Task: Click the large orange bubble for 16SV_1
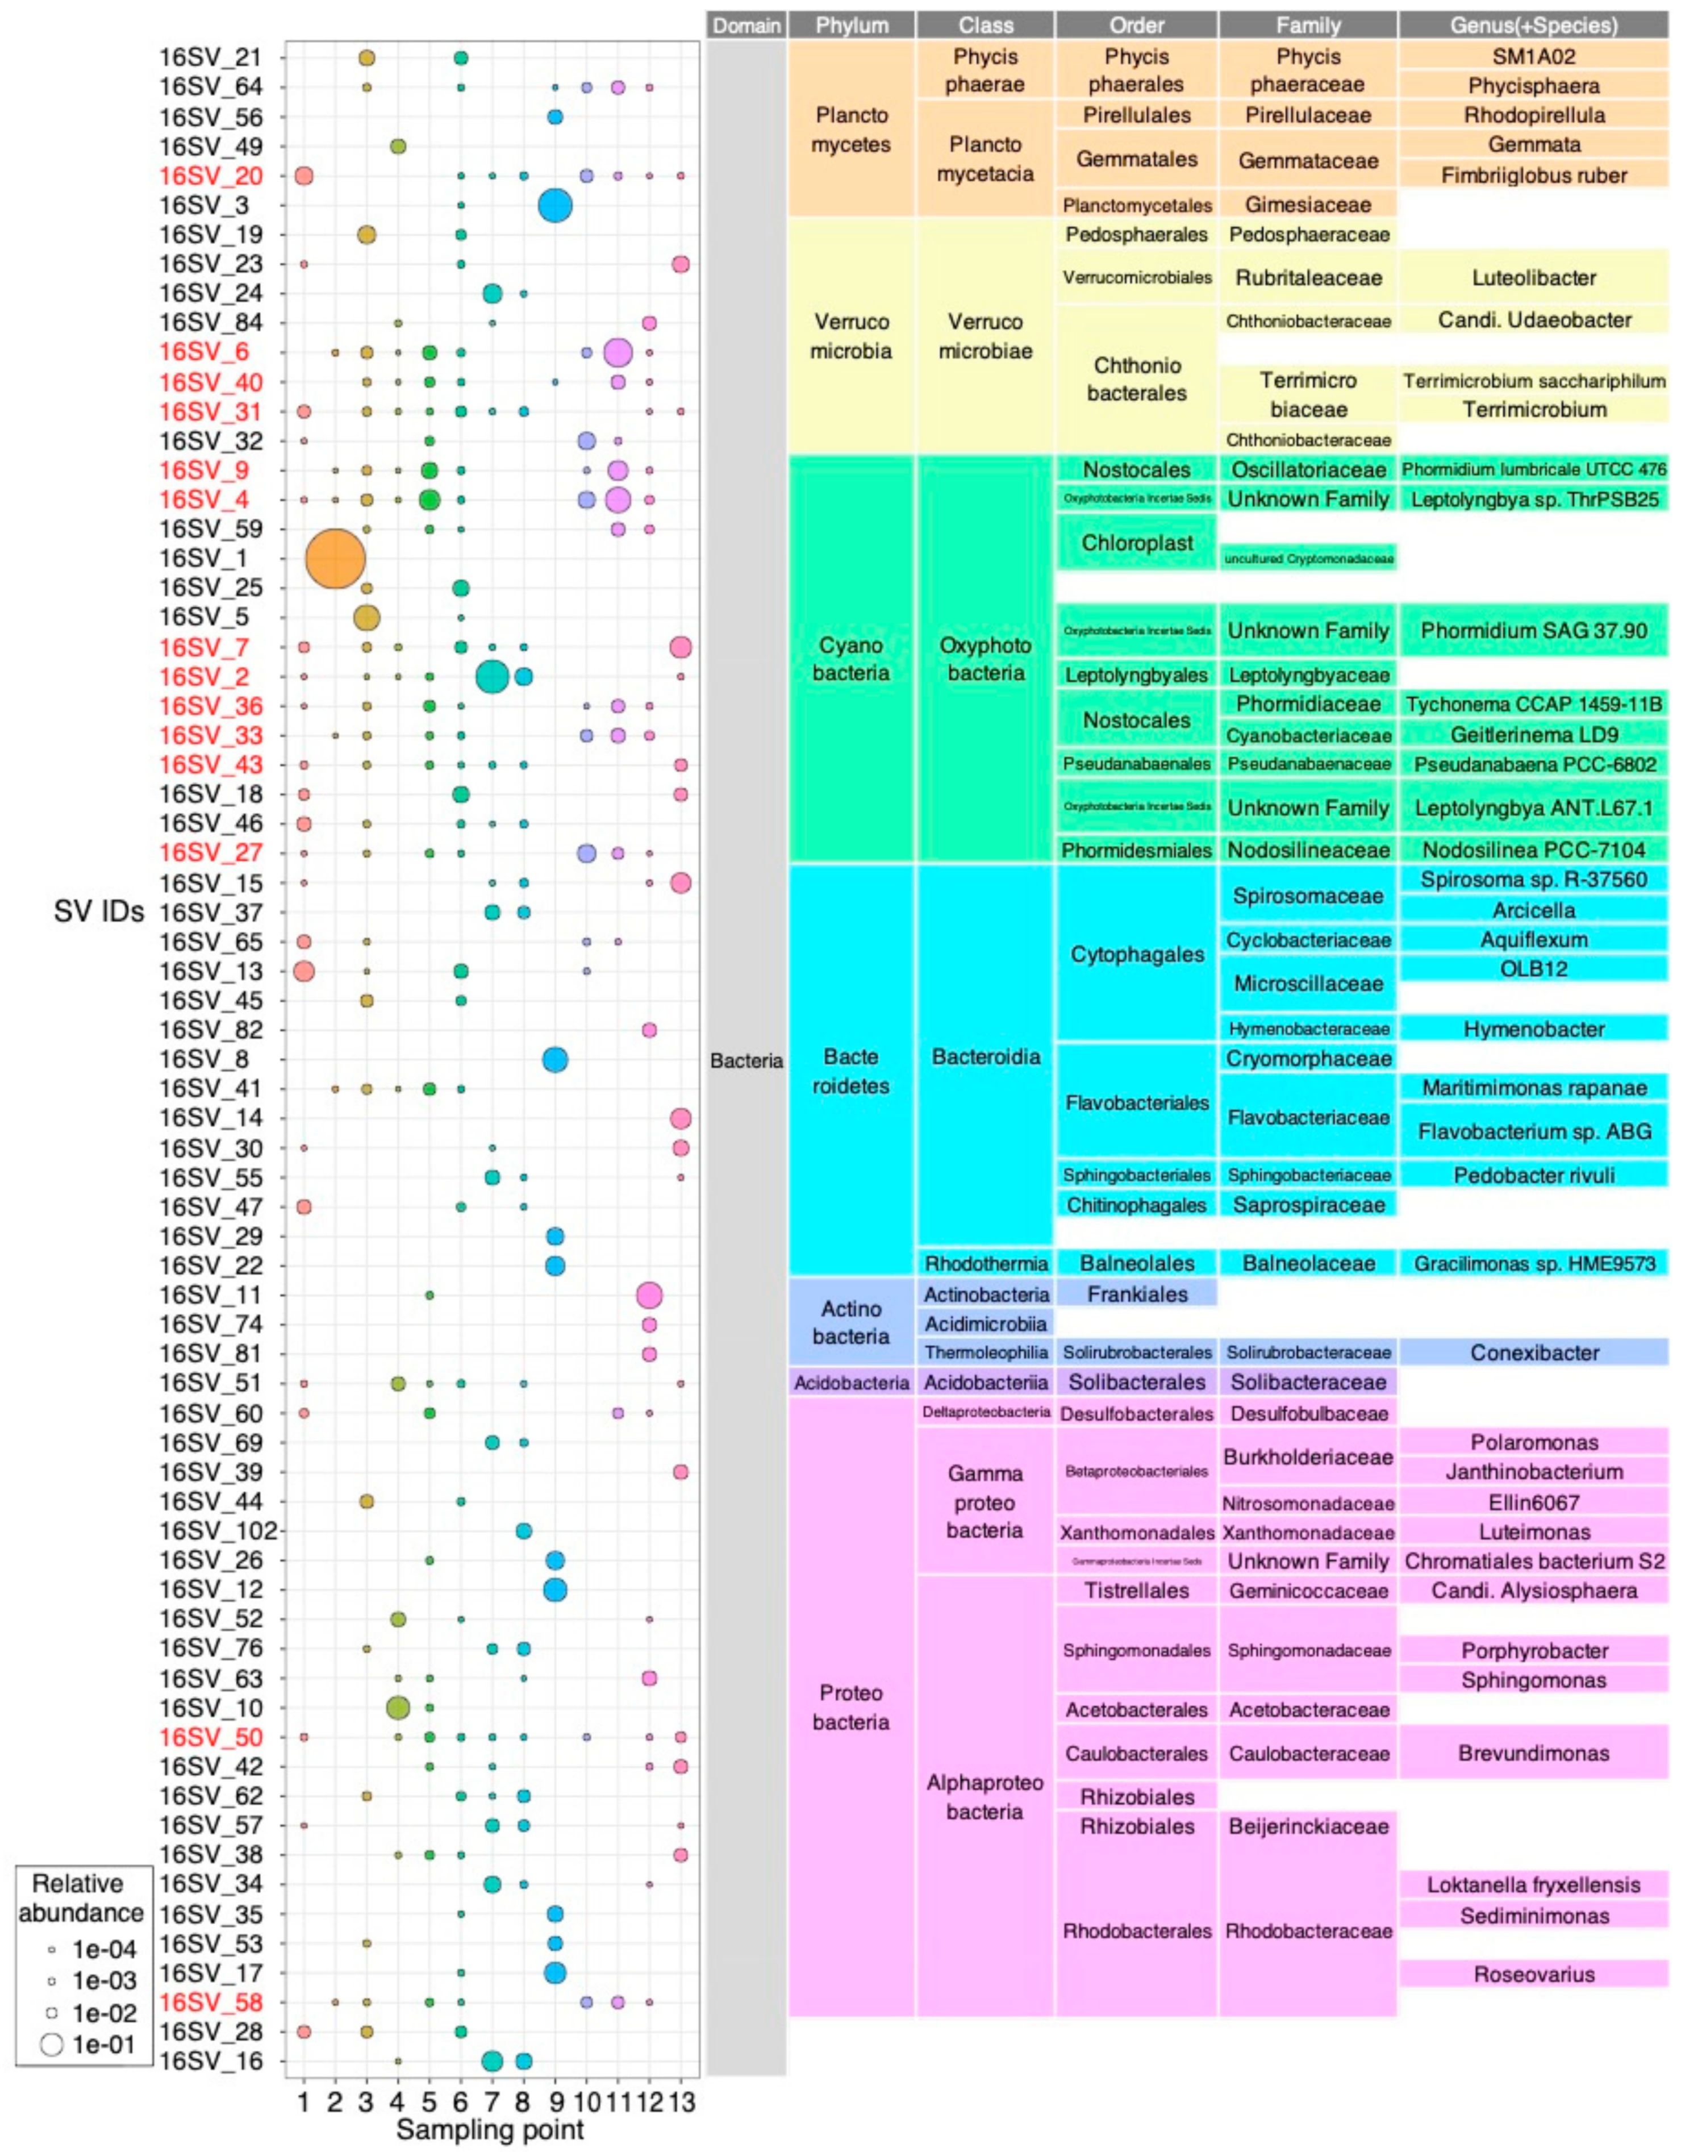335,559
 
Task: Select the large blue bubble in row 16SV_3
555,205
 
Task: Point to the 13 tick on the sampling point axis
682,2103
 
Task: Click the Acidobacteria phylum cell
850,1383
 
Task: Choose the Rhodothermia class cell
985,1263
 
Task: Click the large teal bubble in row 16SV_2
491,677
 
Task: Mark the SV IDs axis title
98,911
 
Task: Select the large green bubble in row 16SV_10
398,1708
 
